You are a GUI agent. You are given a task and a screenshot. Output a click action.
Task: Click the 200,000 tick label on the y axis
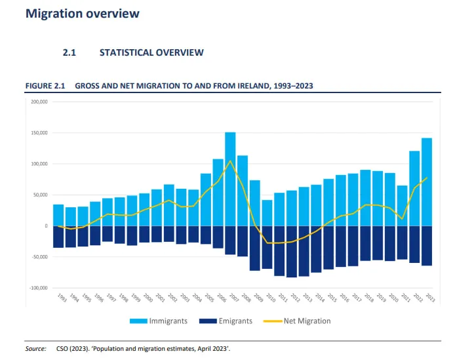tap(38, 102)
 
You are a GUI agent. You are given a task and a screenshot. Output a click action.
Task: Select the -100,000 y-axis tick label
tap(37, 288)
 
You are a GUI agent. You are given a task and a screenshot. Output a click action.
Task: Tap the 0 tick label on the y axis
tap(45, 226)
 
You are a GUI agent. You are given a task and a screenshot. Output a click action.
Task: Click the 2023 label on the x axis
tap(429, 299)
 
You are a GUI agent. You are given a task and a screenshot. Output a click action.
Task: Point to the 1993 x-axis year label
tap(61, 299)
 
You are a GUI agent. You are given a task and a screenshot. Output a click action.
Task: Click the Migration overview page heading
tap(82, 13)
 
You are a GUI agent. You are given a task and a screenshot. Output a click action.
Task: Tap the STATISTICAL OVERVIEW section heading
tap(151, 52)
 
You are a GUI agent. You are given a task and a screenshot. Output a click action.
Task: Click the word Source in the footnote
tap(35, 348)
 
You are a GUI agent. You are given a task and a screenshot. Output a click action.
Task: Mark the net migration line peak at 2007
tap(230, 161)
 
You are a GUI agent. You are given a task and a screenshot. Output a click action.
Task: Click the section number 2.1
tap(69, 52)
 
